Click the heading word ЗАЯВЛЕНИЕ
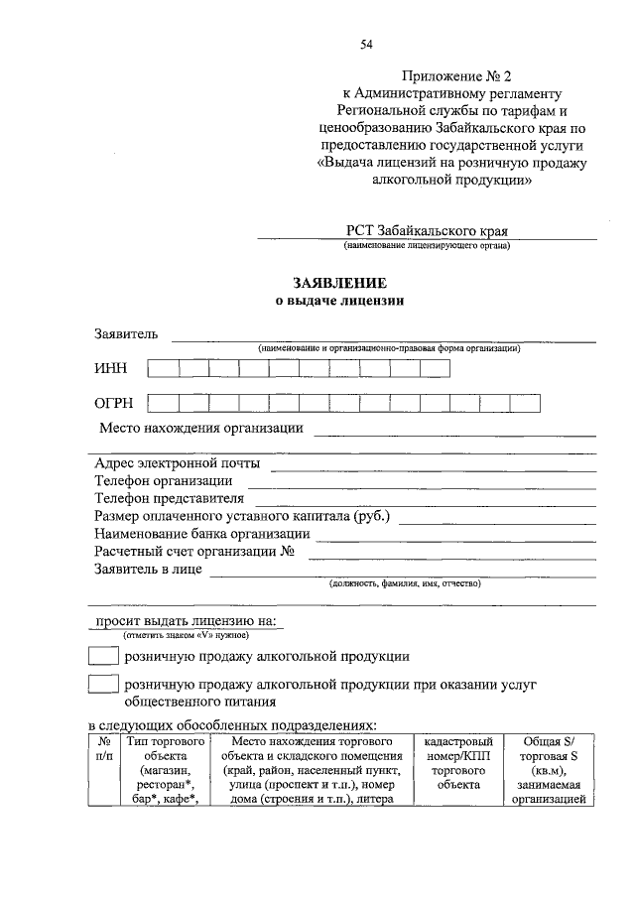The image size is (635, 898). point(338,283)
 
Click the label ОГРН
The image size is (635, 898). point(113,403)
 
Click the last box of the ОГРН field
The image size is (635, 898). point(526,403)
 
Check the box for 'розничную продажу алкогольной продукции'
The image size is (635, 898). point(103,656)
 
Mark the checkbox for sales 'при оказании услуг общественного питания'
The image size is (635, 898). point(103,684)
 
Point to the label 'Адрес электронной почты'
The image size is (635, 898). point(178,463)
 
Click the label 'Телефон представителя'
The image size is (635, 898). point(169,498)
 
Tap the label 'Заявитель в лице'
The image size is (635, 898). point(148,569)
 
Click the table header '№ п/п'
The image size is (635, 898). point(104,748)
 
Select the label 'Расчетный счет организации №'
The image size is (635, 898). point(195,551)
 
